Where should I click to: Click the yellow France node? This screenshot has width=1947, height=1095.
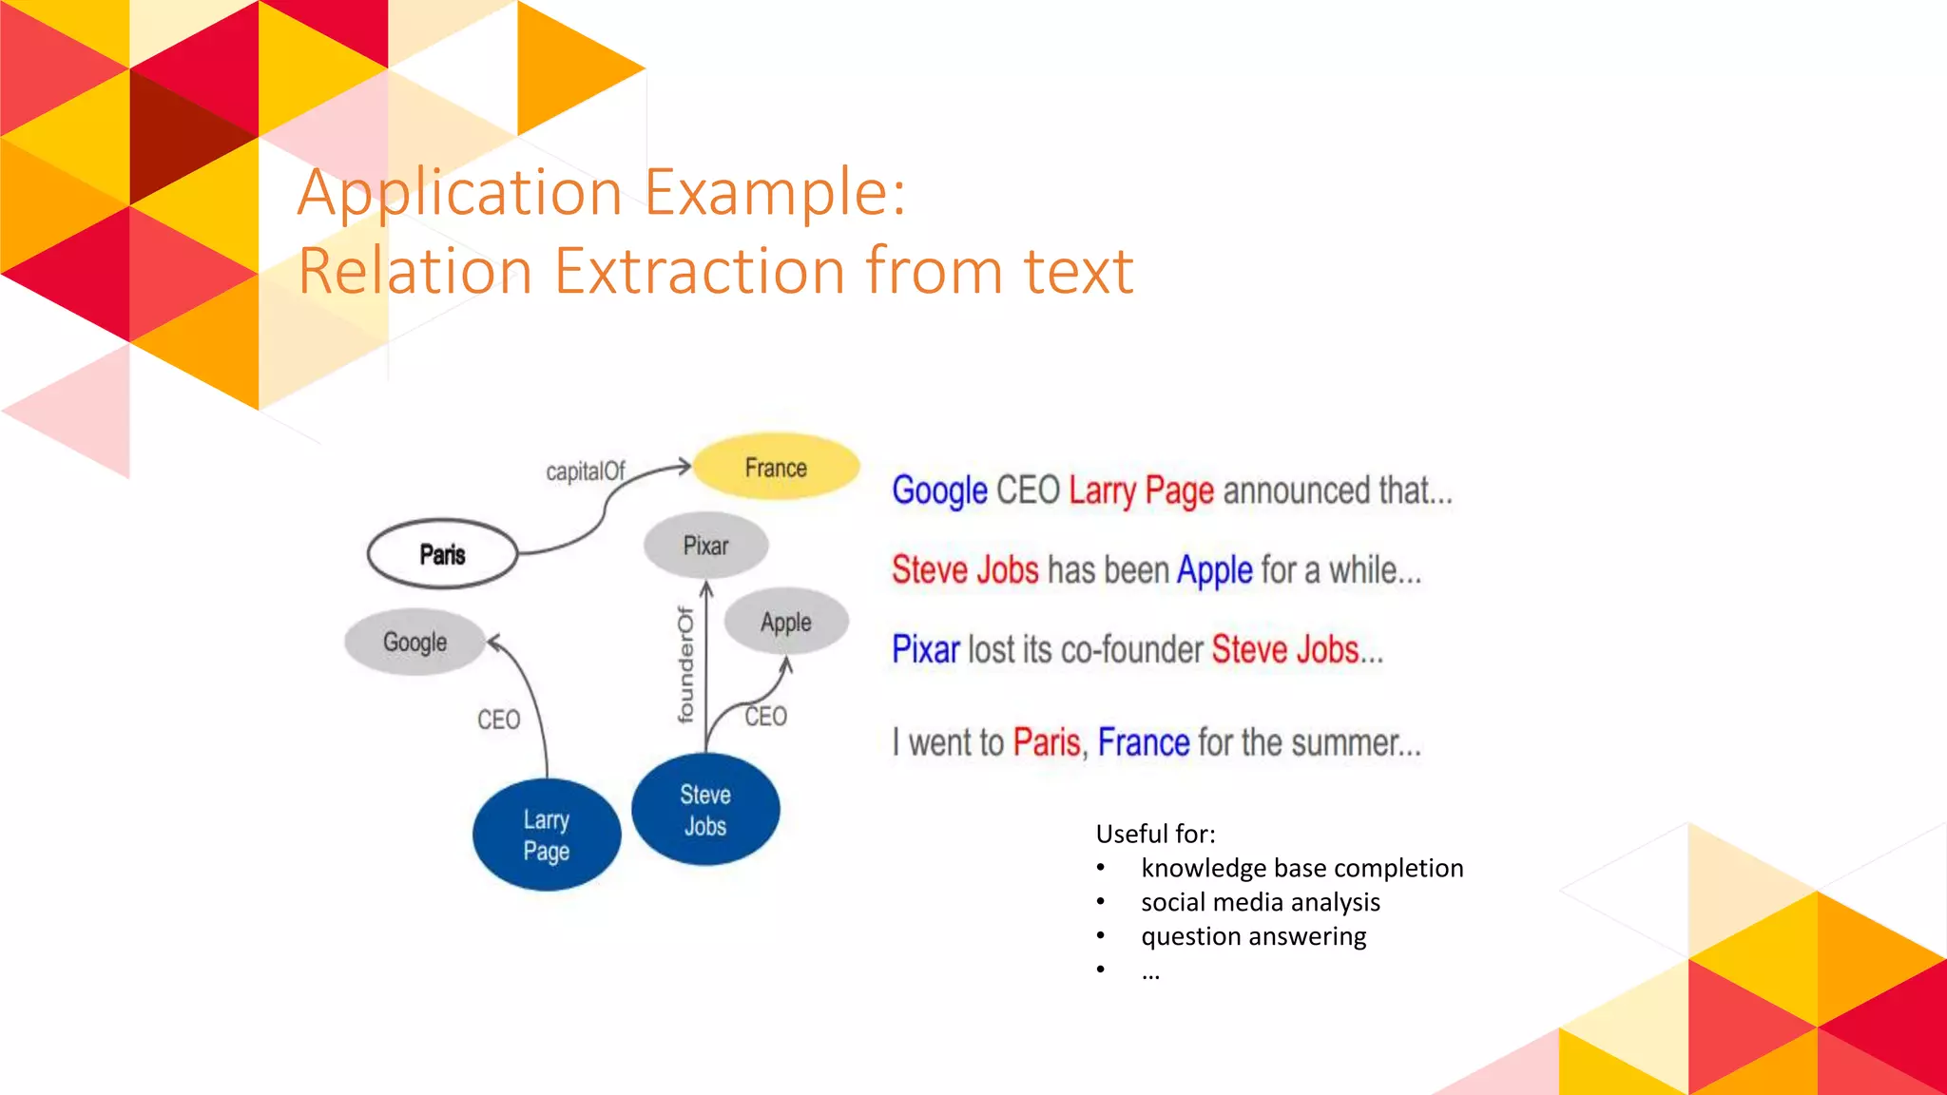coord(776,467)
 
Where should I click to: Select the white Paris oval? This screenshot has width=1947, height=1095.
coord(442,554)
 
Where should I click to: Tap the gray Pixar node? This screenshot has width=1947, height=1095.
coord(705,546)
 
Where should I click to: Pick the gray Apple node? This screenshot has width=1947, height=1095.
coord(785,623)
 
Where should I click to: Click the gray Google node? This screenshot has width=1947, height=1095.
coord(414,643)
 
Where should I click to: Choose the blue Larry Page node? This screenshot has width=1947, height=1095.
coord(547,835)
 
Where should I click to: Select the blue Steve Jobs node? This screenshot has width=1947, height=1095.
coord(705,810)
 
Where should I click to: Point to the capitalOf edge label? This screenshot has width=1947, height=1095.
coord(585,471)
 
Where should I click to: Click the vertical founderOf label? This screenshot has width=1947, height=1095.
coord(685,665)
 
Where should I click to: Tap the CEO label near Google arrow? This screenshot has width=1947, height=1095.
coord(498,720)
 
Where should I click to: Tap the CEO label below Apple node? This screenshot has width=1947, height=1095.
coord(765,717)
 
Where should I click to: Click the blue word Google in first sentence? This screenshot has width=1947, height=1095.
coord(939,491)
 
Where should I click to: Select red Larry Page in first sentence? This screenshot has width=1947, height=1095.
coord(1141,491)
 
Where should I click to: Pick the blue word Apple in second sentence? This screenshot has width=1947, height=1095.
coord(1214,570)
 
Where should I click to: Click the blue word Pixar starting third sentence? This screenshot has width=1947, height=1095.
coord(925,650)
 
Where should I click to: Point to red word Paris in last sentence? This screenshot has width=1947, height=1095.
coord(1046,742)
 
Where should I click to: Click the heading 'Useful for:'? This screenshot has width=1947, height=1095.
coord(1155,834)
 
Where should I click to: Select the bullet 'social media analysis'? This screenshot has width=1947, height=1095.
coord(1260,902)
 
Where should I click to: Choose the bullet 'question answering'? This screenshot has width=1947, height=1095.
coord(1253,936)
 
